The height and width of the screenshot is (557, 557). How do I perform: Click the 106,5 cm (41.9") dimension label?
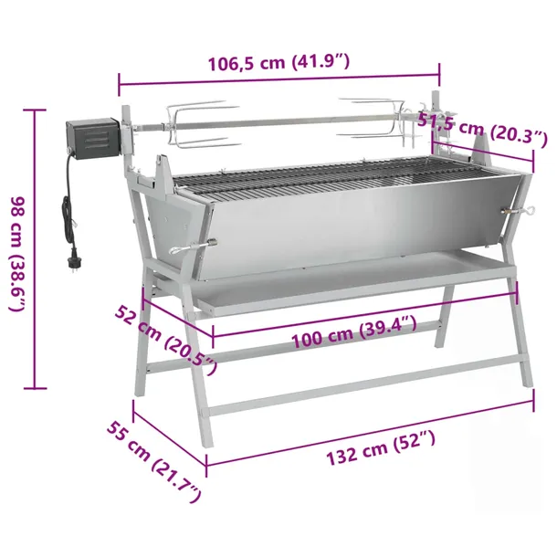coord(278,62)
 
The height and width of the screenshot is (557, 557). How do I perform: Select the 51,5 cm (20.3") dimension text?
coord(483,129)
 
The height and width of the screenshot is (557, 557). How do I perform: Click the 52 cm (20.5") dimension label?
coord(166,339)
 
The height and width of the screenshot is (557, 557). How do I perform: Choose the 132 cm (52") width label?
coord(381,447)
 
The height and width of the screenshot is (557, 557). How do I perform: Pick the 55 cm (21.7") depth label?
coord(154,461)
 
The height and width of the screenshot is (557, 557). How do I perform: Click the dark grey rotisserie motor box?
coord(93,139)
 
